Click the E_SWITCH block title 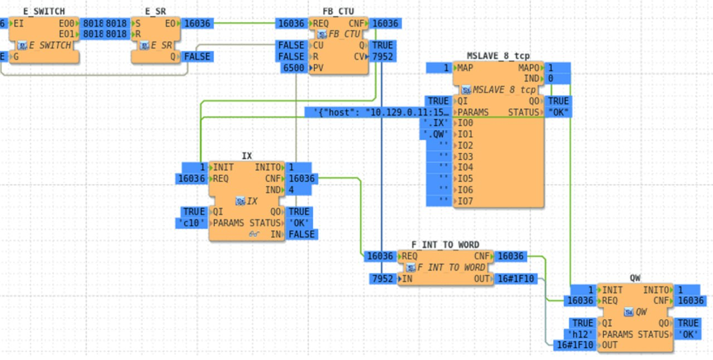pos(44,11)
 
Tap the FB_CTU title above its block pos(338,11)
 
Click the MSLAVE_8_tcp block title pos(498,56)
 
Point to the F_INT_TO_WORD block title pos(445,245)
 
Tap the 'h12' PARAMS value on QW pos(580,334)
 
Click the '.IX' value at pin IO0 pos(436,123)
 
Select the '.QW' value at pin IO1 pos(436,134)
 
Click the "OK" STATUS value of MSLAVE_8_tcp pos(558,113)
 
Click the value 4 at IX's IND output pos(292,190)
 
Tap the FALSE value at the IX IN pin pos(301,235)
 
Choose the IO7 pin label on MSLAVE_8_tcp pos(465,201)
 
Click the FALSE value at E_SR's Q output pos(197,56)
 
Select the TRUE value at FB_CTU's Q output pos(382,45)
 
